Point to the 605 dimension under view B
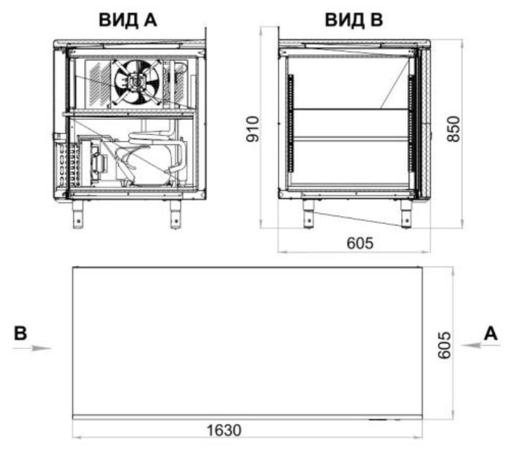(360, 243)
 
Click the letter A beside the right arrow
(490, 333)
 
